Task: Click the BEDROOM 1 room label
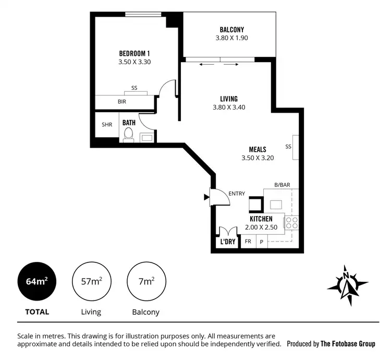pos(135,53)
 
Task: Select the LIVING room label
pos(229,99)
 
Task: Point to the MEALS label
pos(258,149)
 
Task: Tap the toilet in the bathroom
pos(128,135)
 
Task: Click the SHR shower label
pos(107,125)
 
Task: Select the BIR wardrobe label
pos(122,102)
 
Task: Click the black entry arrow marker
pos(206,197)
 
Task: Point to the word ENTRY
pos(236,194)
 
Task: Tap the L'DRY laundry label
pos(228,242)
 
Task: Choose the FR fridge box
pos(248,242)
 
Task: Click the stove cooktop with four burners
pos(291,223)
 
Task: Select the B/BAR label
pos(282,185)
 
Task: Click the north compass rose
pos(347,285)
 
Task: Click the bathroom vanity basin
pos(146,138)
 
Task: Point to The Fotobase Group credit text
pos(348,344)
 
